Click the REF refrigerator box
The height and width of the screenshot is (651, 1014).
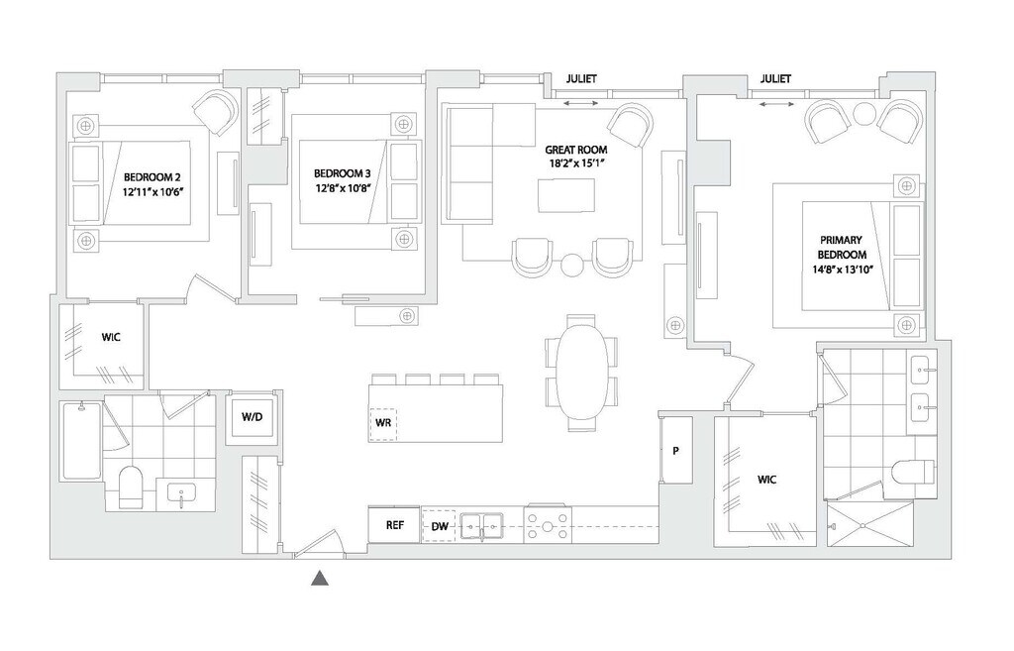click(393, 526)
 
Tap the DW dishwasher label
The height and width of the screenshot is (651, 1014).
click(439, 527)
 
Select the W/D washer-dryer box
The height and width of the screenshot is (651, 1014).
click(252, 417)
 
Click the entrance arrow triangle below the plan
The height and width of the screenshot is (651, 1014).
click(320, 579)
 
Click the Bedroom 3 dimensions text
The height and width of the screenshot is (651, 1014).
click(343, 187)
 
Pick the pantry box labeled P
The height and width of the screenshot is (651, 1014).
click(676, 450)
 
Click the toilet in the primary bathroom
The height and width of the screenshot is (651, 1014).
click(912, 473)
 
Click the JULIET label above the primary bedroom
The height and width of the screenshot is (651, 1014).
click(776, 79)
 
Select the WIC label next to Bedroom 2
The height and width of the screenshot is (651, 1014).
click(111, 337)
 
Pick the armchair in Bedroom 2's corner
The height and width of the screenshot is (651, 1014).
click(215, 112)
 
